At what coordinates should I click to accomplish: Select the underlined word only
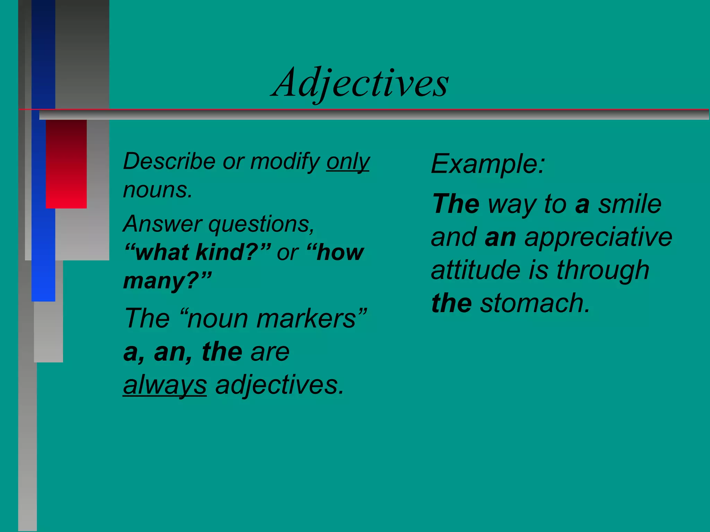pos(348,162)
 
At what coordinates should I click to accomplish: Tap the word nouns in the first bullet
pos(157,190)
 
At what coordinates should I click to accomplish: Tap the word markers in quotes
pos(310,319)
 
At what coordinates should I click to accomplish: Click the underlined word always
pos(165,385)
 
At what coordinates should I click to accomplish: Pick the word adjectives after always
pos(279,385)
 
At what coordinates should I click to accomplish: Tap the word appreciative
pos(598,237)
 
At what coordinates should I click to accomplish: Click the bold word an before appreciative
pos(500,237)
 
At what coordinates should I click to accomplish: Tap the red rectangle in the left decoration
pos(66,164)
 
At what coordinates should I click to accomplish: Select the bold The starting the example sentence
pos(456,204)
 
